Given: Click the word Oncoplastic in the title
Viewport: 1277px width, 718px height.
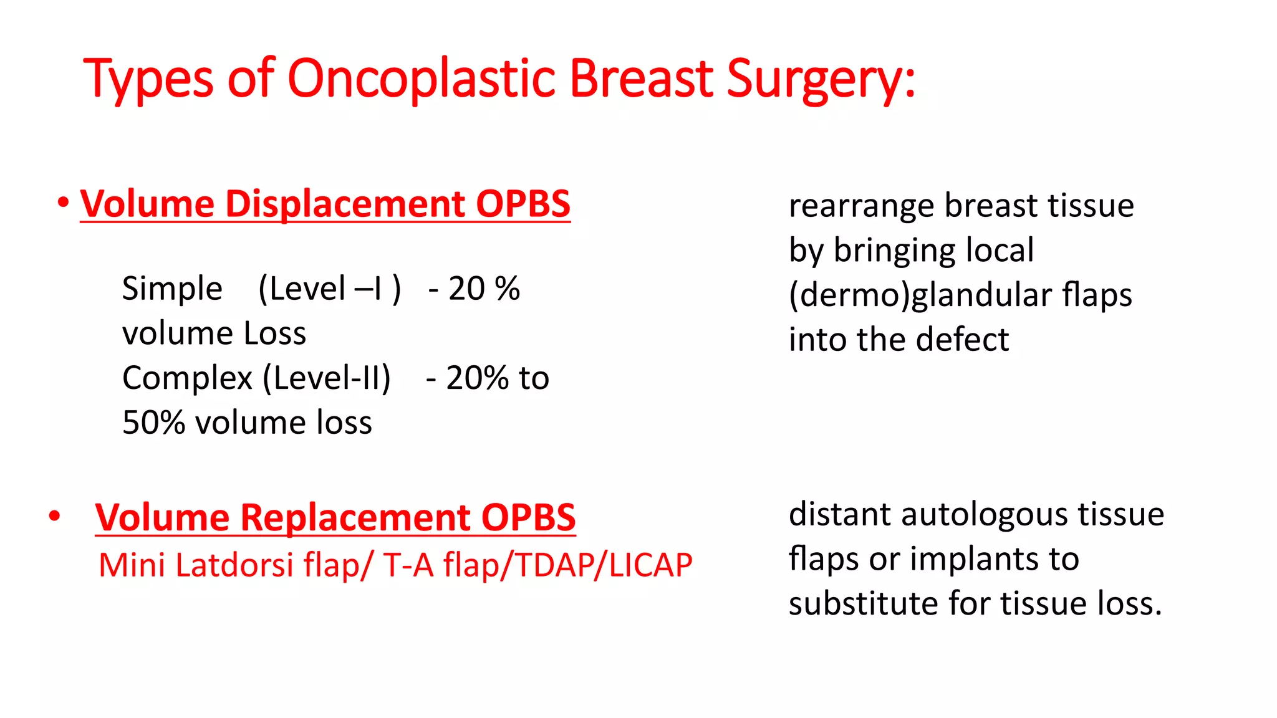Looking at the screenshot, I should pyautogui.click(x=421, y=79).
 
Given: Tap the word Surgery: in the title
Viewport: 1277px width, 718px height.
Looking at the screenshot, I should pyautogui.click(x=821, y=79).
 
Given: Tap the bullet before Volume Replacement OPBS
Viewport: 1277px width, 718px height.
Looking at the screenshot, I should pyautogui.click(x=55, y=516).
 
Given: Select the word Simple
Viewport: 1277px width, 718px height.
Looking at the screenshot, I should pyautogui.click(x=172, y=289).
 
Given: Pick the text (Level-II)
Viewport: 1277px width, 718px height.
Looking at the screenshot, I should pyautogui.click(x=327, y=378).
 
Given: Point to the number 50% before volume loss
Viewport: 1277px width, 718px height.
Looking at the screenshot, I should pyautogui.click(x=153, y=423).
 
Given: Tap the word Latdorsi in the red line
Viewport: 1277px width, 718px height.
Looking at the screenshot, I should pyautogui.click(x=234, y=565).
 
